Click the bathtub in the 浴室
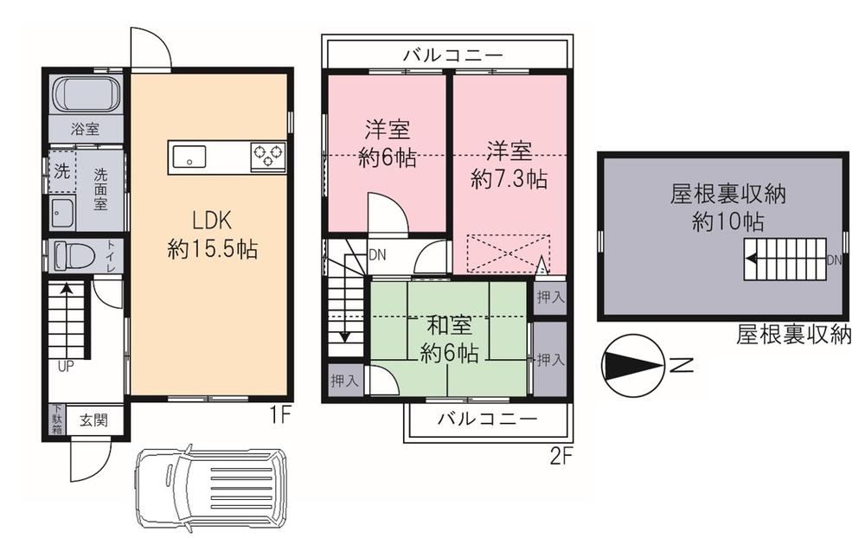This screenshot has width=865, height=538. [87, 93]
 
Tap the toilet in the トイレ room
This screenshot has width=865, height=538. [75, 255]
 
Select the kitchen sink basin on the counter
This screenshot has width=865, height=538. [189, 157]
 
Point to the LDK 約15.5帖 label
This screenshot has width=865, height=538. [212, 235]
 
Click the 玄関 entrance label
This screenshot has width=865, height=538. [93, 420]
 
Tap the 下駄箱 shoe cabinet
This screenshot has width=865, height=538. [56, 420]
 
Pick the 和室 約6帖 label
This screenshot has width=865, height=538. [450, 339]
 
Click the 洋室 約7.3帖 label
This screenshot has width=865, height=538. [509, 165]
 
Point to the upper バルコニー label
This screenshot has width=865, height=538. [453, 55]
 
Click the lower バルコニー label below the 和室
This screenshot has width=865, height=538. [487, 419]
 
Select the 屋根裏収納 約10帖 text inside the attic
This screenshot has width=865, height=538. [728, 208]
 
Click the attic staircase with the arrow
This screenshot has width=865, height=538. [785, 259]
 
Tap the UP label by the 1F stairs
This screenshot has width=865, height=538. [66, 367]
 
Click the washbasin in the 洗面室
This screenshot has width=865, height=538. [61, 213]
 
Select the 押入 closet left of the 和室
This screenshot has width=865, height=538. [344, 381]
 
